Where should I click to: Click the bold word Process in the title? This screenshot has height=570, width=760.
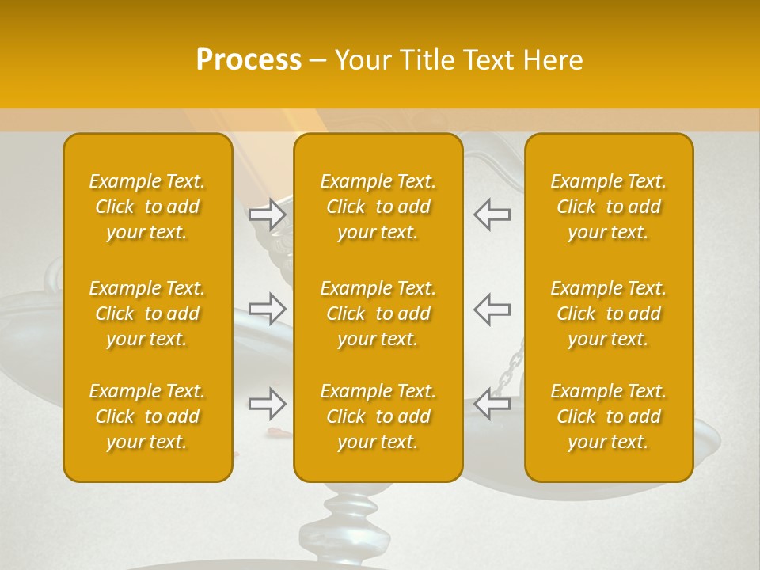click(x=249, y=60)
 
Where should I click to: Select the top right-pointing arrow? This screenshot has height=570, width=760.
click(x=268, y=215)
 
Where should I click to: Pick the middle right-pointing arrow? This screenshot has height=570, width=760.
click(x=268, y=309)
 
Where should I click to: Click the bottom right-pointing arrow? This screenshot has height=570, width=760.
click(x=268, y=404)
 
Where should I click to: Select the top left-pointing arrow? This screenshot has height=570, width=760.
click(x=492, y=215)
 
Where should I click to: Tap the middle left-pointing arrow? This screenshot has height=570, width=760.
click(x=492, y=309)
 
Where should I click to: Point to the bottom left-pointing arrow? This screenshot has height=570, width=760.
click(x=492, y=404)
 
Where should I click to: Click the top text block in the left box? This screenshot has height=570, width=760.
click(x=147, y=207)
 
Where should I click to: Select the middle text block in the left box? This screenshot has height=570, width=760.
click(x=147, y=313)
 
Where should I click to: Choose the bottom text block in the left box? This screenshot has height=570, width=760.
click(x=147, y=416)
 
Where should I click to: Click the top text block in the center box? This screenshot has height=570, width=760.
click(x=378, y=207)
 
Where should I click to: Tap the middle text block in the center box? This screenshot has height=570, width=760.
click(x=378, y=313)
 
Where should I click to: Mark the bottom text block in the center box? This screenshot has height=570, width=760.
click(x=378, y=416)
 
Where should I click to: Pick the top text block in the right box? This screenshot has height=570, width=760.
click(x=609, y=207)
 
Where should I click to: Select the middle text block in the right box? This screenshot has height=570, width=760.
click(x=609, y=313)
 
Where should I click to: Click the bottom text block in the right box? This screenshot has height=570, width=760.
click(x=609, y=416)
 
